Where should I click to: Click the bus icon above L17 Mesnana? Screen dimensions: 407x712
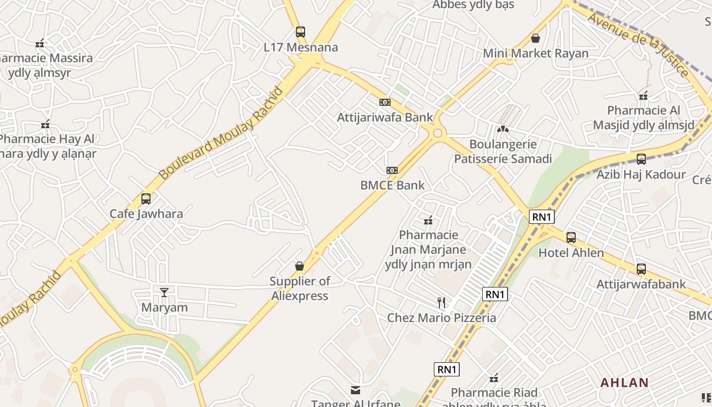[x=301, y=32]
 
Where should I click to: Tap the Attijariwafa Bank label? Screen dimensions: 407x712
[x=385, y=118]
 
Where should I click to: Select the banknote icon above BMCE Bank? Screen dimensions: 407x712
[x=392, y=170]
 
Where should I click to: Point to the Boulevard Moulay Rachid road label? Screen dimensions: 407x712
[x=221, y=134]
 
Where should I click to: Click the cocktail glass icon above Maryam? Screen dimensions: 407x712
[x=164, y=292]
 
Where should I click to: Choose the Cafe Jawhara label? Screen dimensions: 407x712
[x=146, y=214]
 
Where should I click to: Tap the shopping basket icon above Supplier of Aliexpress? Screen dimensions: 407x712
[x=300, y=266]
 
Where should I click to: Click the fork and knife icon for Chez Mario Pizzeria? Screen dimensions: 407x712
[x=441, y=303]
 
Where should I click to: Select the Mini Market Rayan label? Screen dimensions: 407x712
[x=536, y=53]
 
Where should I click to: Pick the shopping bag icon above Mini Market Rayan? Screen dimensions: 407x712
[x=535, y=38]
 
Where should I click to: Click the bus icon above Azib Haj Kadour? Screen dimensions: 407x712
[x=641, y=159]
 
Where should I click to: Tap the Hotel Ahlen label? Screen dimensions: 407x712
[x=571, y=253]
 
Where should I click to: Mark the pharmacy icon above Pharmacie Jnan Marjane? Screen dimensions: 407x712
[x=428, y=220]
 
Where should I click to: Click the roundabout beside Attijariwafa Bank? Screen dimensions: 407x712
[x=437, y=134]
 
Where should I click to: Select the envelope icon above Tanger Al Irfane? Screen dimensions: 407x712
[x=355, y=390]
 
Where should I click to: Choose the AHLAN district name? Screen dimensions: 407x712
[x=625, y=383]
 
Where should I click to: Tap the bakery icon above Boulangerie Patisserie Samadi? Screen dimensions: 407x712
[x=502, y=129]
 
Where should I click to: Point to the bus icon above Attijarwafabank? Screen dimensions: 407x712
[x=641, y=269]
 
